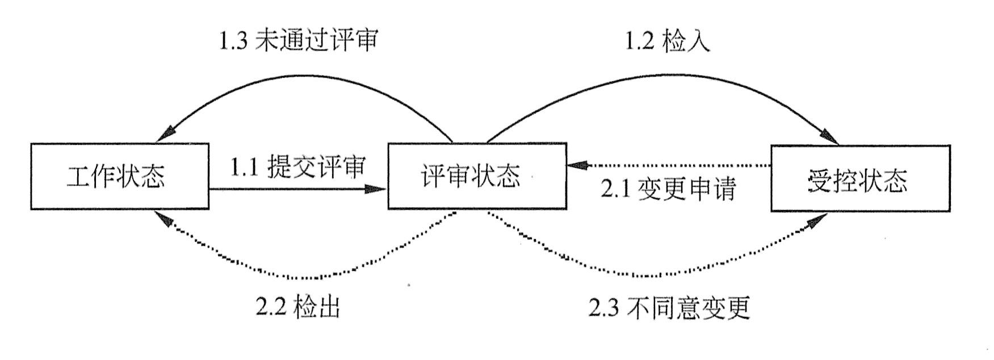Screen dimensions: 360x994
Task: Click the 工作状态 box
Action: pos(119,177)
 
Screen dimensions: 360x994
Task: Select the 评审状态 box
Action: pos(477,177)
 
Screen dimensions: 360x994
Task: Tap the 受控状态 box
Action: pos(860,178)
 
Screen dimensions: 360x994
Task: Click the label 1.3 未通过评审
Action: pos(298,41)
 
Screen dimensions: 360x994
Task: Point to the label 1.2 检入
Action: pos(668,41)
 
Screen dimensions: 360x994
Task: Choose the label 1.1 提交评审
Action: pos(297,167)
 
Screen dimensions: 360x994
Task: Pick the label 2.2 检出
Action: pos(297,307)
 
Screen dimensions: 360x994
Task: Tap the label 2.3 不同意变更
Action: pos(669,307)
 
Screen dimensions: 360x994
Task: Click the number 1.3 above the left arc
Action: pos(234,41)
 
